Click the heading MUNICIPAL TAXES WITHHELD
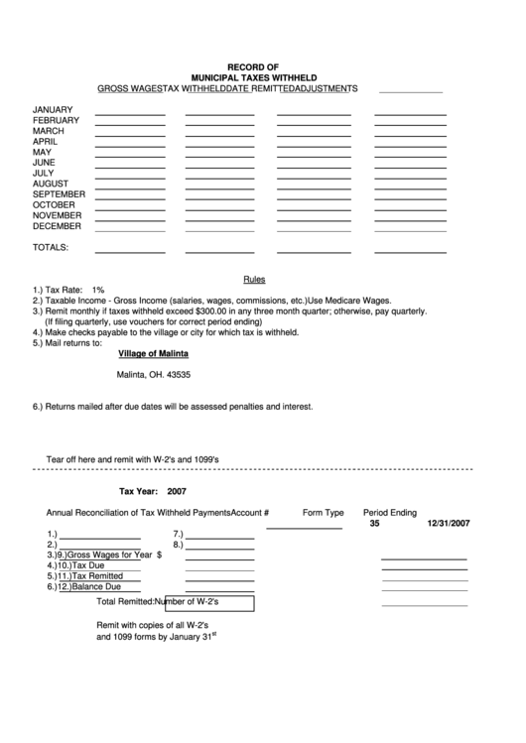tap(253, 76)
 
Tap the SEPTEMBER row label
tap(60, 194)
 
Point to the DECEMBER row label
tap(58, 226)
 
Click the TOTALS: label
tap(51, 246)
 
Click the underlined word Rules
tap(254, 280)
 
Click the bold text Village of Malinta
tap(153, 354)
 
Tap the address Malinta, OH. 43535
tap(154, 375)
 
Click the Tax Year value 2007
tap(177, 491)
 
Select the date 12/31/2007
tap(449, 523)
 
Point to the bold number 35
tap(374, 523)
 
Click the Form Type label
tap(323, 513)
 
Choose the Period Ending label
tap(389, 513)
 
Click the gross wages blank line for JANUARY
tap(129, 114)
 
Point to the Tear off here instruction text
tap(139, 459)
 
